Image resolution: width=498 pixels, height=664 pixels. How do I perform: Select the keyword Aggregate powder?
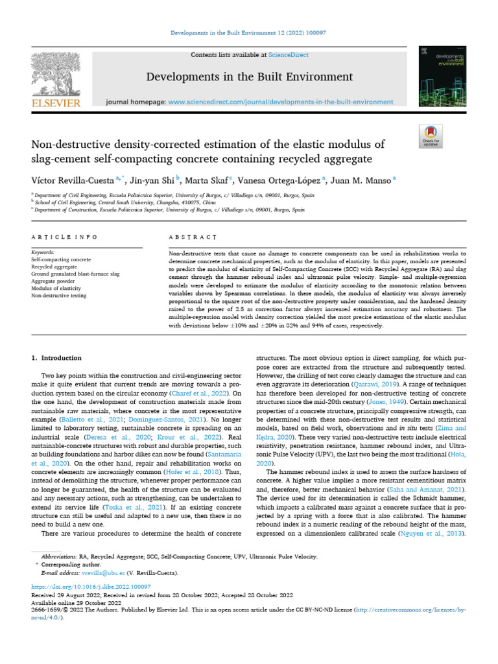pyautogui.click(x=54, y=282)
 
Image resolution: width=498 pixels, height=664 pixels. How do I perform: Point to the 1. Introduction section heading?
pyautogui.click(x=57, y=358)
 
